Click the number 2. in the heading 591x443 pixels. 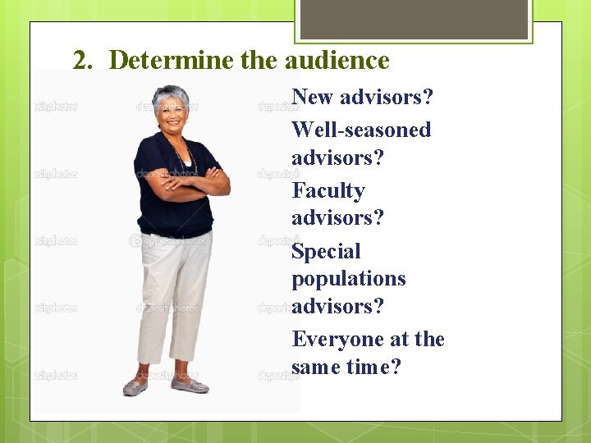tap(84, 61)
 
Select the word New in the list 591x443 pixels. tap(313, 97)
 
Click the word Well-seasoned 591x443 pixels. tap(361, 130)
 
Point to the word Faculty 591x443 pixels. tap(328, 191)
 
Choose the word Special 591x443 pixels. tap(326, 252)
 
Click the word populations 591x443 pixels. tap(349, 279)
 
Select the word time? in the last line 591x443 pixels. tap(373, 367)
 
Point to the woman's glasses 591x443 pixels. tap(172, 108)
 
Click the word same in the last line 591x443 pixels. tap(315, 367)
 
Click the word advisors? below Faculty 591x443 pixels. tap(337, 218)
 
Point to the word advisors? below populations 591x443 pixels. tap(337, 306)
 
